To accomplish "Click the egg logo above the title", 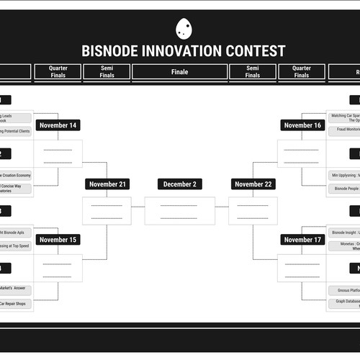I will click(x=184, y=28).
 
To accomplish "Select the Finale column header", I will click(x=179, y=72).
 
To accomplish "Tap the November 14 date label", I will click(x=58, y=125).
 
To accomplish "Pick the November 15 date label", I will click(x=58, y=240).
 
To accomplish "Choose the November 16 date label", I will click(x=302, y=125).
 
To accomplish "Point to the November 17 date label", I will click(x=302, y=240).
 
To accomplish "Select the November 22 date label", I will click(x=253, y=184).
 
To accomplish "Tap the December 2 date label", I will click(x=179, y=184).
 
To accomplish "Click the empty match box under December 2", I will click(x=179, y=210).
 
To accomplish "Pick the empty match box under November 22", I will click(x=253, y=210).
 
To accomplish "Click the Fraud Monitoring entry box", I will click(x=344, y=130).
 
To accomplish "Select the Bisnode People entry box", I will click(x=344, y=189).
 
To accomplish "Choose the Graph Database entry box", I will click(x=344, y=304).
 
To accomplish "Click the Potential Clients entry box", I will click(x=16, y=132).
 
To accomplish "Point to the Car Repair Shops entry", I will click(x=16, y=304).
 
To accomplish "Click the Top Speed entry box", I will click(x=16, y=246).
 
